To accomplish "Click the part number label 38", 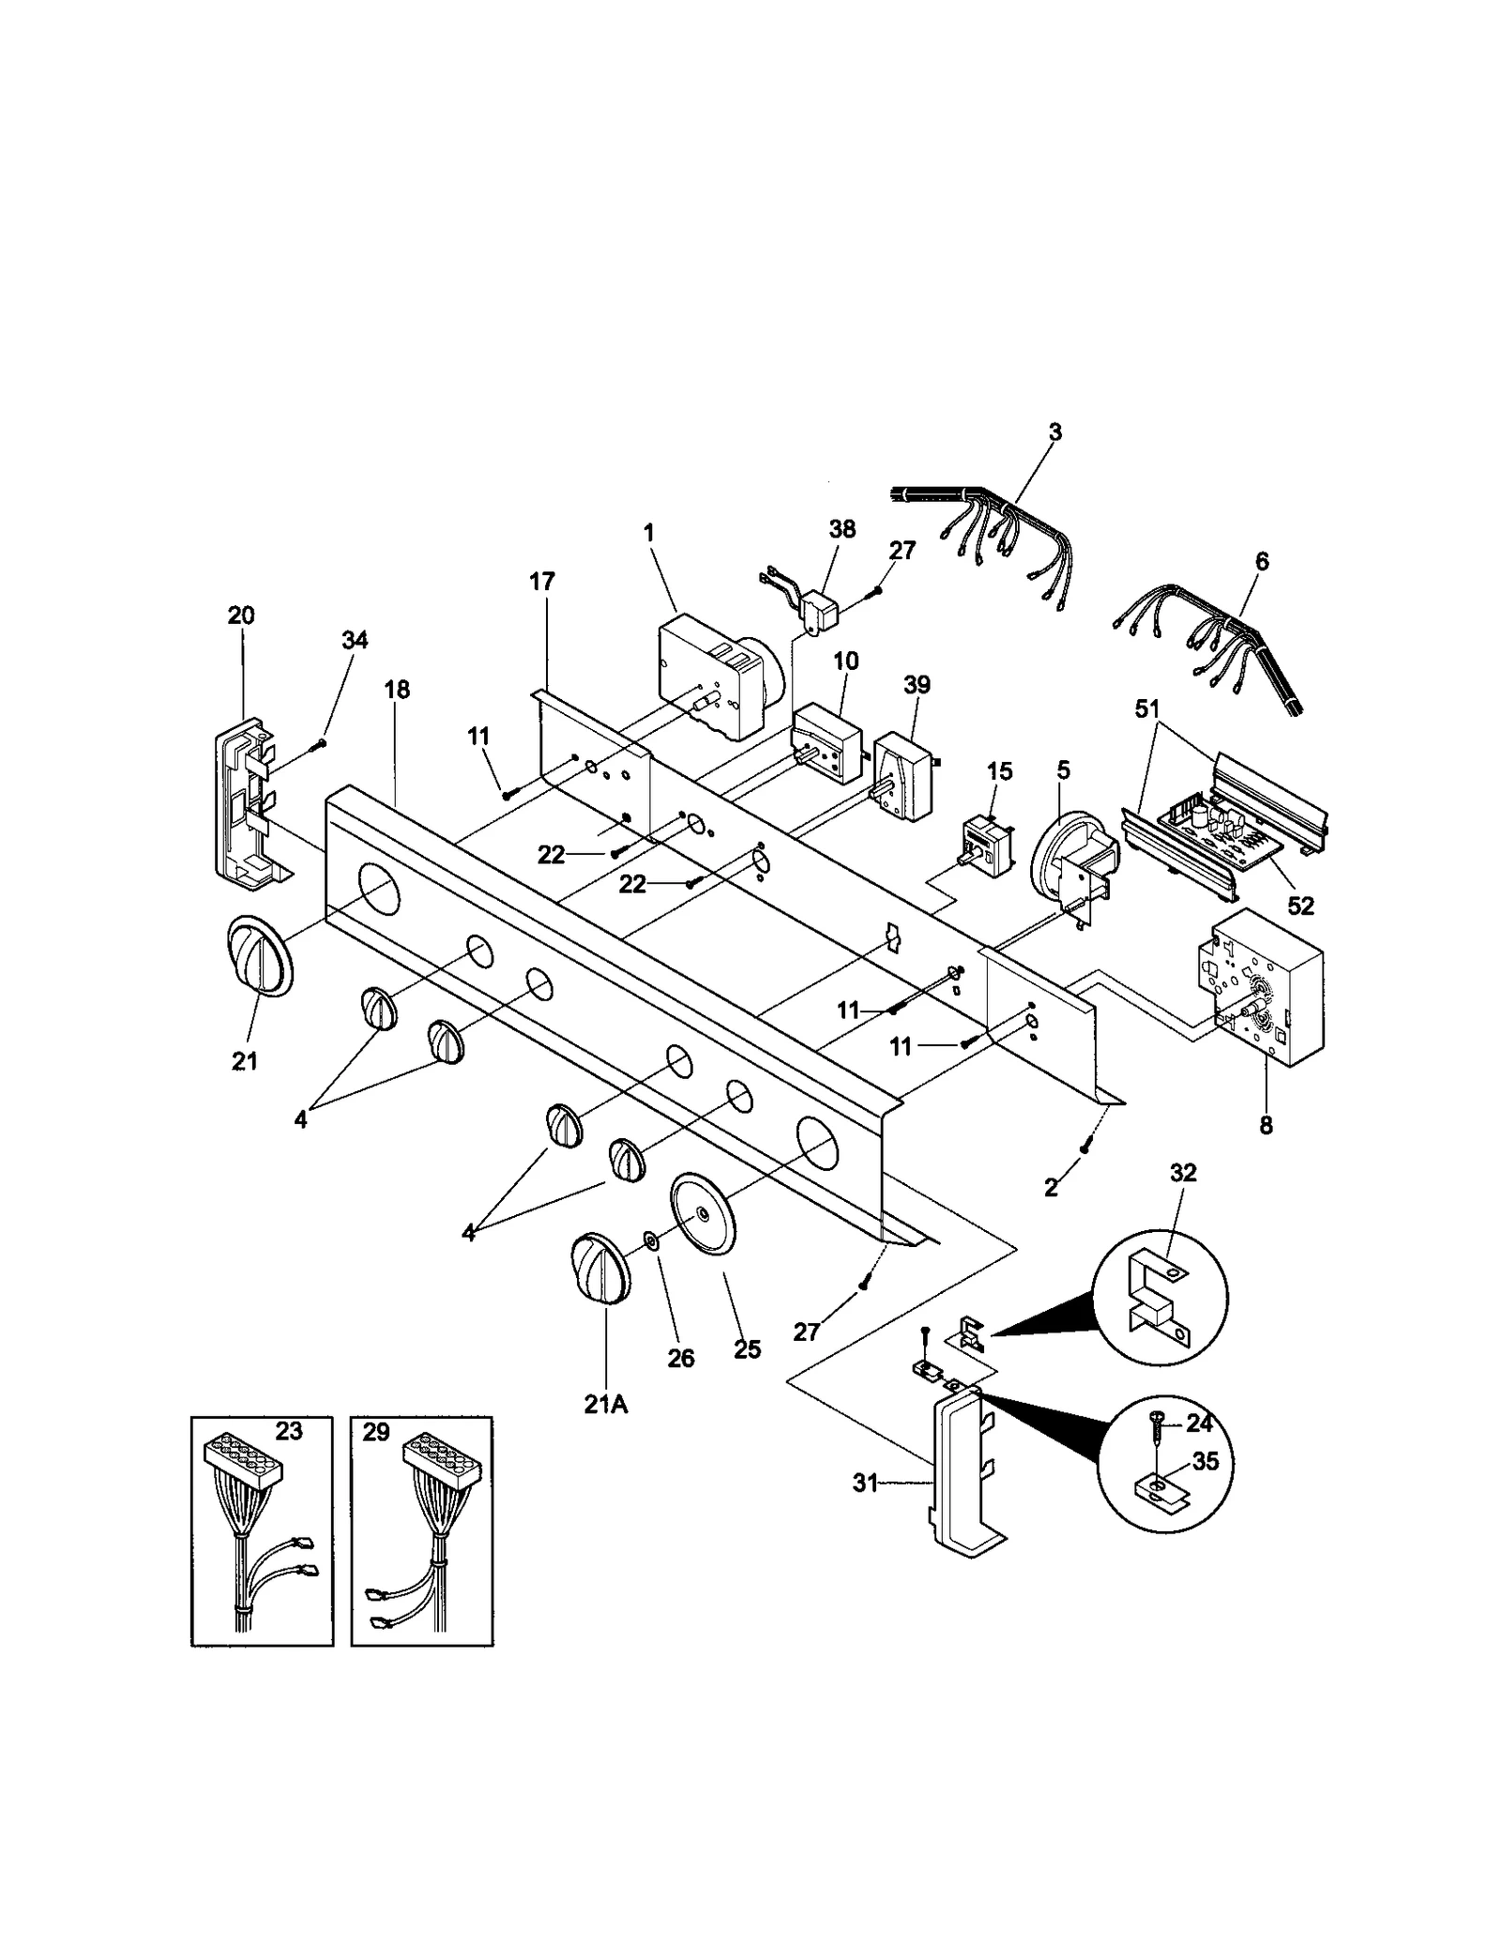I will pyautogui.click(x=841, y=529).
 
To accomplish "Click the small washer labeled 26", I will pyautogui.click(x=651, y=1244).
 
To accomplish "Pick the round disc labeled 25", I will pyautogui.click(x=704, y=1212).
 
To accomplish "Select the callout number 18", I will pyautogui.click(x=397, y=690).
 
